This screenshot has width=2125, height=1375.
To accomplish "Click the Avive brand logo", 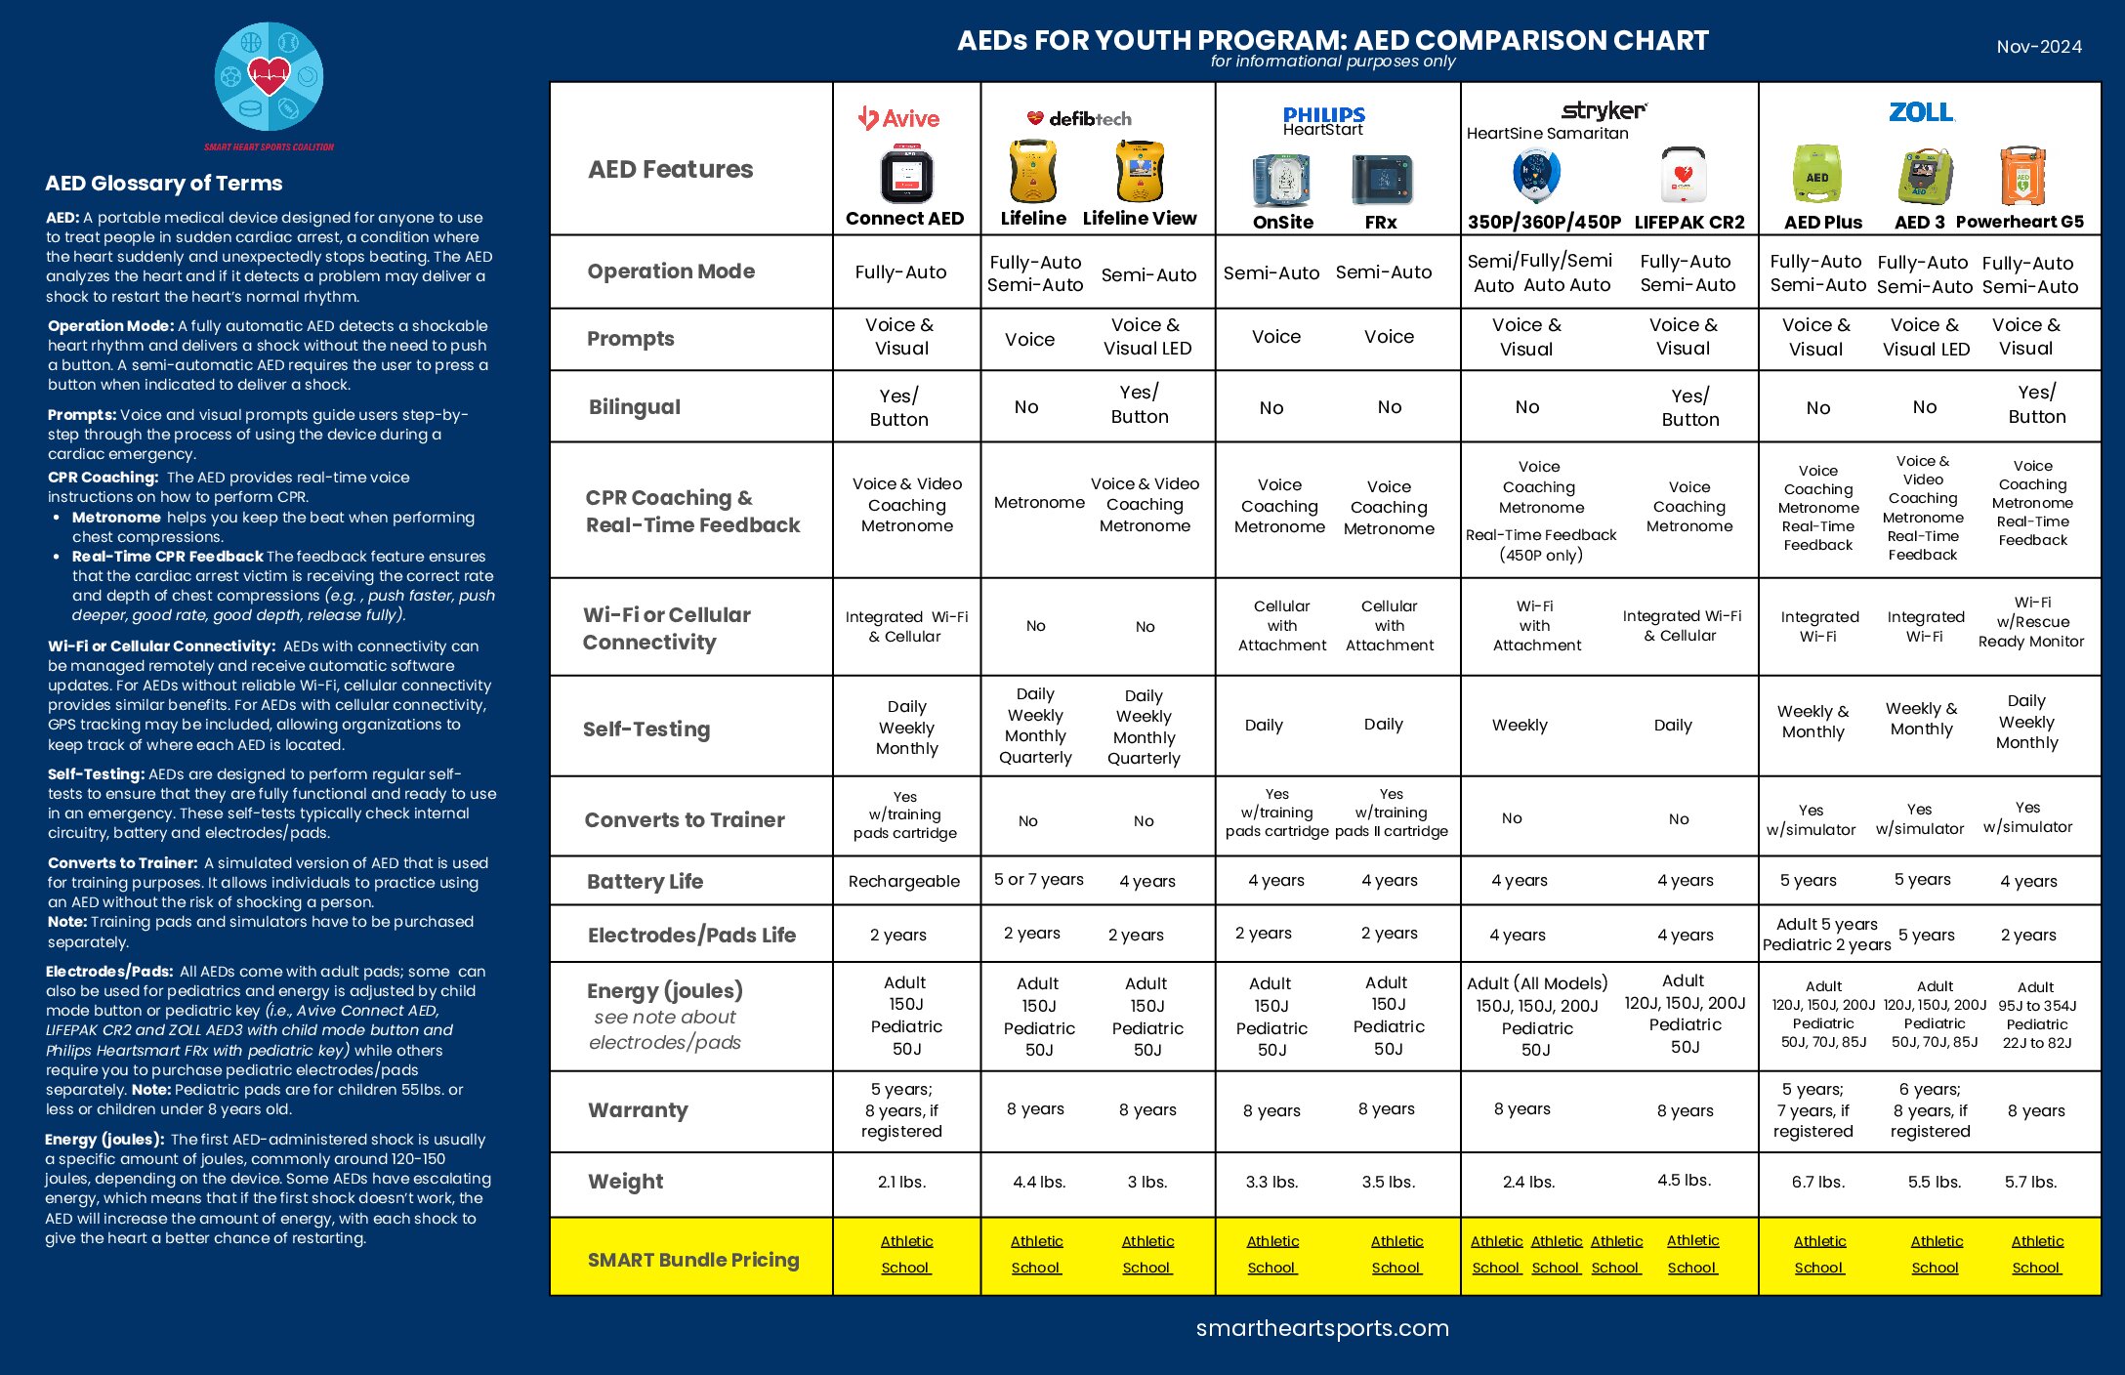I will [x=898, y=118].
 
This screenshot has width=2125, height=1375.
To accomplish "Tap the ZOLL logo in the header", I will [x=1921, y=112].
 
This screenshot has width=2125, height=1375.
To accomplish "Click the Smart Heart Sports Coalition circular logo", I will [x=269, y=77].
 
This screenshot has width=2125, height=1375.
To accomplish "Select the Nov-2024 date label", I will [x=2039, y=47].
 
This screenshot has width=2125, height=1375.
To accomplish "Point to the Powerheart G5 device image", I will [x=2022, y=176].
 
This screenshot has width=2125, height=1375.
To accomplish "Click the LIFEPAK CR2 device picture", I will [x=1684, y=176].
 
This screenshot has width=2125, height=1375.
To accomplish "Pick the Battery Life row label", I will [x=645, y=882].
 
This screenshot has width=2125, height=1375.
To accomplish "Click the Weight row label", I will [x=625, y=1182].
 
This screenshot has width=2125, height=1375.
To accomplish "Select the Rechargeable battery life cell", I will [x=904, y=882].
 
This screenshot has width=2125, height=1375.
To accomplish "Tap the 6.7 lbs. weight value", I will [x=1818, y=1182].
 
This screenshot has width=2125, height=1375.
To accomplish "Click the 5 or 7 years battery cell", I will [x=1038, y=880].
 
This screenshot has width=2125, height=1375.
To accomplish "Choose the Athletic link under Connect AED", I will [x=906, y=1241].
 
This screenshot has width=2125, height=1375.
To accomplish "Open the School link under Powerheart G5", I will [x=2036, y=1268].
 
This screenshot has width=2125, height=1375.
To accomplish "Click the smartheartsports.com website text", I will [x=1322, y=1328].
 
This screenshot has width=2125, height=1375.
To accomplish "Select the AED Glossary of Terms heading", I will [x=163, y=184].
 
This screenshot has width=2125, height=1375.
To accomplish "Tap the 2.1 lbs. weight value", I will [x=901, y=1182].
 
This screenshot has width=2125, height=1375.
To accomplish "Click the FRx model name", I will [x=1380, y=223].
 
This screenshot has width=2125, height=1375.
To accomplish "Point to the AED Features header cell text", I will [x=670, y=170].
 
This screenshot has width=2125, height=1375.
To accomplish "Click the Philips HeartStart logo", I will [x=1323, y=121].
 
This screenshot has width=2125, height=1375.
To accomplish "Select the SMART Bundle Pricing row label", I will [x=693, y=1260].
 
